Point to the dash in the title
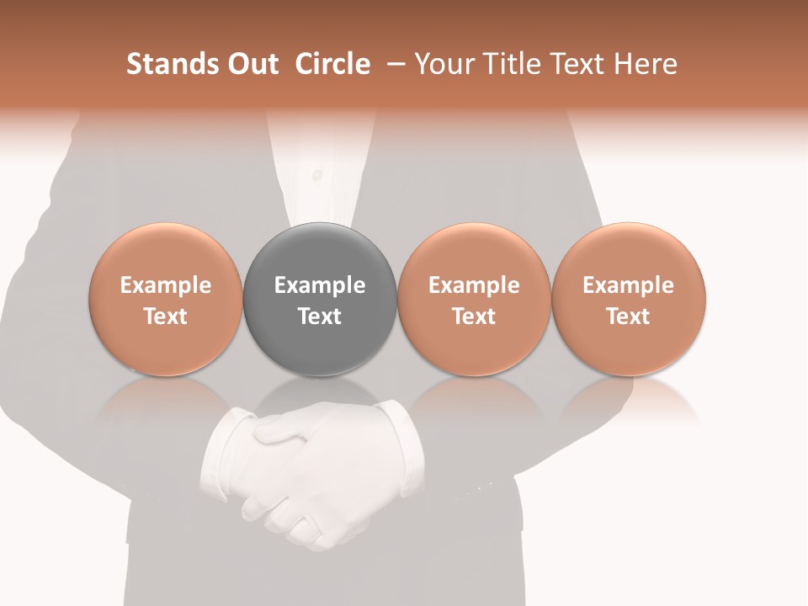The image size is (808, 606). (393, 64)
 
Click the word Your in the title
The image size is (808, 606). (444, 64)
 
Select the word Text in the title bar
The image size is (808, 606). (575, 64)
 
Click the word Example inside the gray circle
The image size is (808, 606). (320, 285)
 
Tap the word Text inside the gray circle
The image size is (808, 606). (320, 316)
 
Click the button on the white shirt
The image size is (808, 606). (316, 175)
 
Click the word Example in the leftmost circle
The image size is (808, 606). (166, 285)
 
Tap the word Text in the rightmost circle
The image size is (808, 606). (629, 316)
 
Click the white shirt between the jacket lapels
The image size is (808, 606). (320, 151)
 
